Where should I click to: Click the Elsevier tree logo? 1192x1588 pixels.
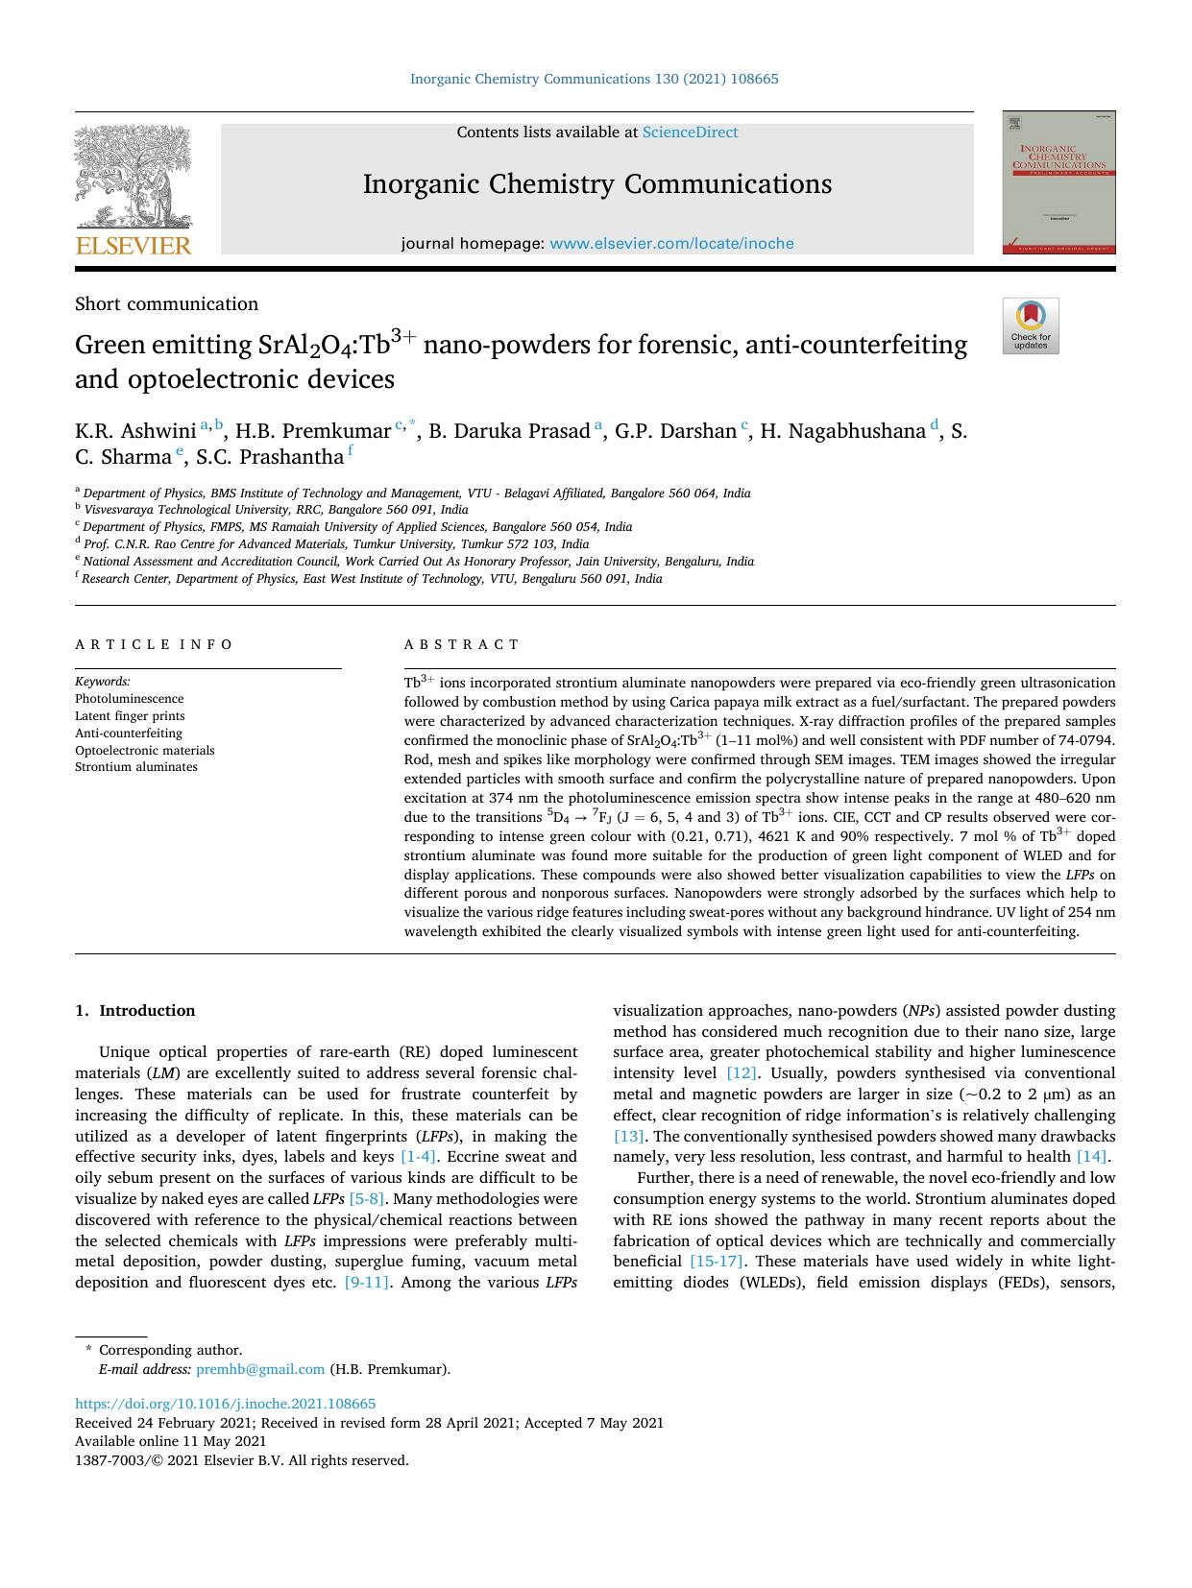coord(134,177)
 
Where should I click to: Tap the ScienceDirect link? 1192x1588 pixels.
coord(690,132)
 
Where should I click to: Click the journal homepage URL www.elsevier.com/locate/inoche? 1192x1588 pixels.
coord(671,244)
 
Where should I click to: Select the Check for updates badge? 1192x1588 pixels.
coord(1031,326)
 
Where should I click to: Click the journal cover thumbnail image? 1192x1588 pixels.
coord(1058,182)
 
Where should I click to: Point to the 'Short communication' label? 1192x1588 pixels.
coord(166,304)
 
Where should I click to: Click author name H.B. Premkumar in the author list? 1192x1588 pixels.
coord(313,431)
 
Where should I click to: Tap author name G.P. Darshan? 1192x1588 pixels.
coord(675,431)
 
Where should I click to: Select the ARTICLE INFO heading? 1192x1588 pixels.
coord(154,645)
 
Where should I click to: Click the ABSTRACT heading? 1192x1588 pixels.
coord(461,645)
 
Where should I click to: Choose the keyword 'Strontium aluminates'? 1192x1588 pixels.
coord(136,767)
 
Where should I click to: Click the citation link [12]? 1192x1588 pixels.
coord(742,1073)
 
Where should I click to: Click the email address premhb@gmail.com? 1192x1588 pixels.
coord(260,1370)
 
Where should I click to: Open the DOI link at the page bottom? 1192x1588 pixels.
coord(225,1404)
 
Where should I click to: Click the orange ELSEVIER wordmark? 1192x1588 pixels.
coord(134,246)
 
